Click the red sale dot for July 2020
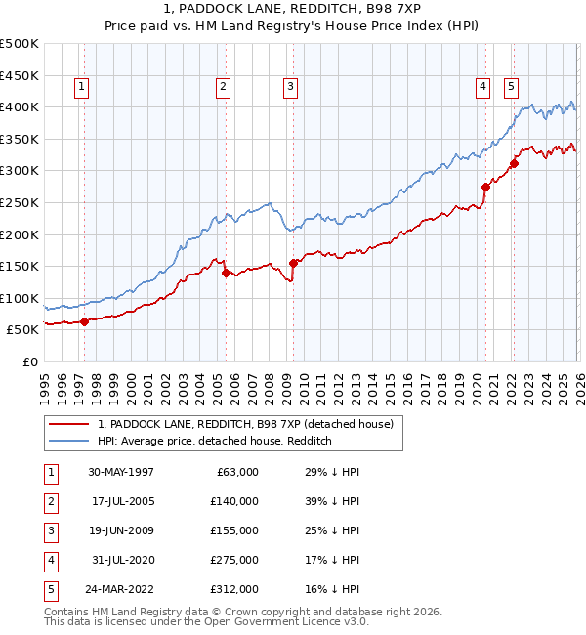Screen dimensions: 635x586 [485, 187]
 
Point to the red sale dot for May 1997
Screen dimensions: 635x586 [84, 321]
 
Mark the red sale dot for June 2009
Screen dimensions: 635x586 [293, 263]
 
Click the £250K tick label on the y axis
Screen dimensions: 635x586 [20, 202]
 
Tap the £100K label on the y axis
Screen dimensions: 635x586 [20, 298]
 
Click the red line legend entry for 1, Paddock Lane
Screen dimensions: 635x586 [244, 424]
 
